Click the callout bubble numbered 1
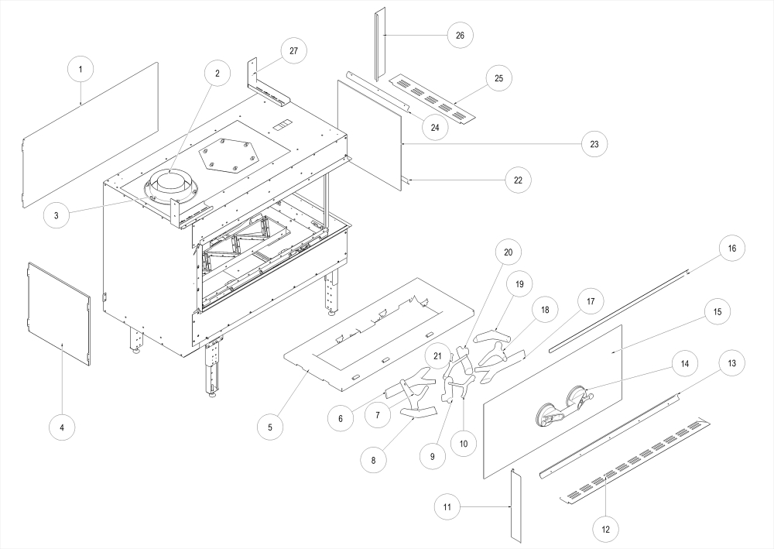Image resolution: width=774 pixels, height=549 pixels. [x=80, y=69]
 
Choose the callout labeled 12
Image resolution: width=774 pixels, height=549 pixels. [x=605, y=529]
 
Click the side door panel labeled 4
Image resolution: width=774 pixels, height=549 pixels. [x=60, y=313]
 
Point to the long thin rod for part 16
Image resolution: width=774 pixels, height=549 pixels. [x=619, y=309]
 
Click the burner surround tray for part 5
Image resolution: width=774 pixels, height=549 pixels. [x=379, y=333]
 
